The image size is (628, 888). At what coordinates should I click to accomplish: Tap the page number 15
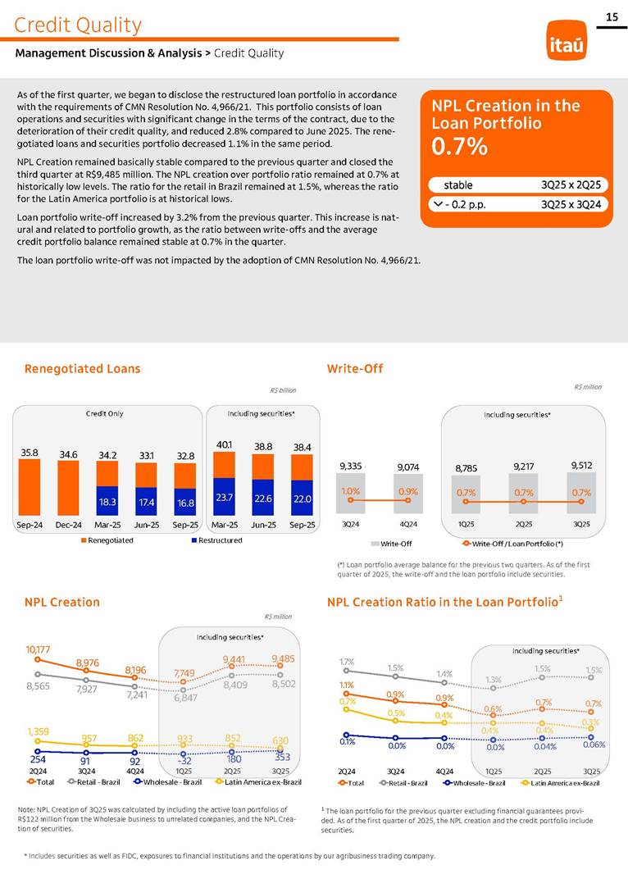pyautogui.click(x=611, y=17)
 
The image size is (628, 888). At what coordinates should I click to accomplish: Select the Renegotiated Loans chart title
pyautogui.click(x=82, y=369)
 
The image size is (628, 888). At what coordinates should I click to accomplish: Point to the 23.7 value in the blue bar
pyautogui.click(x=225, y=497)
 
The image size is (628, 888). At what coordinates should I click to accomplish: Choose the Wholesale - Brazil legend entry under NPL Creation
pyautogui.click(x=170, y=783)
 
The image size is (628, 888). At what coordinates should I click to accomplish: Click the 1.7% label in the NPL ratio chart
pyautogui.click(x=347, y=661)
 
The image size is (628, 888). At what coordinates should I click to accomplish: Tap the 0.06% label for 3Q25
pyautogui.click(x=594, y=745)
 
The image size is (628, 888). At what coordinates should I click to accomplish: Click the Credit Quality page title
pyautogui.click(x=78, y=25)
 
